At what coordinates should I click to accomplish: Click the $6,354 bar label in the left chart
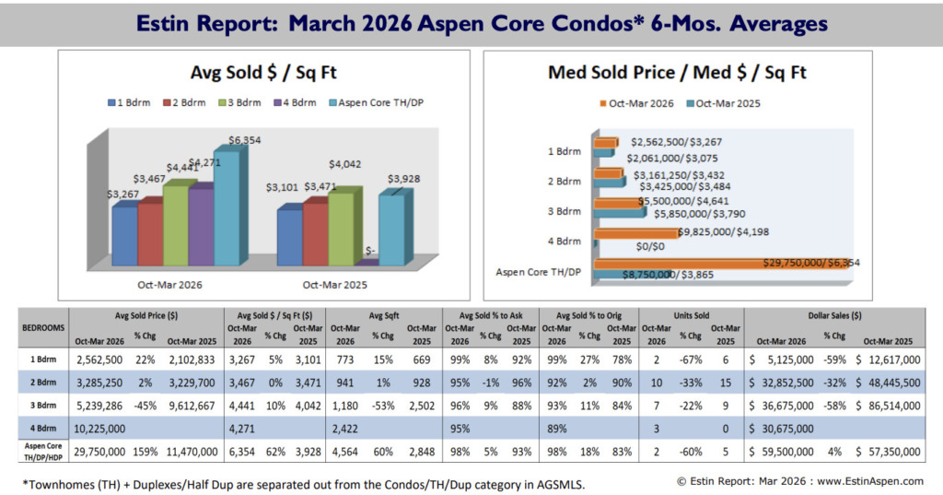pos(242,140)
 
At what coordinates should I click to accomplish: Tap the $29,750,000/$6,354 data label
pos(811,263)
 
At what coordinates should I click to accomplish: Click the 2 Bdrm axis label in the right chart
pos(564,182)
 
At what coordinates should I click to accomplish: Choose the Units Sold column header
pos(683,315)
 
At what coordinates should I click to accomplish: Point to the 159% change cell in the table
pos(143,453)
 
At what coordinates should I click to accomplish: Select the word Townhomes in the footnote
pos(58,484)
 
